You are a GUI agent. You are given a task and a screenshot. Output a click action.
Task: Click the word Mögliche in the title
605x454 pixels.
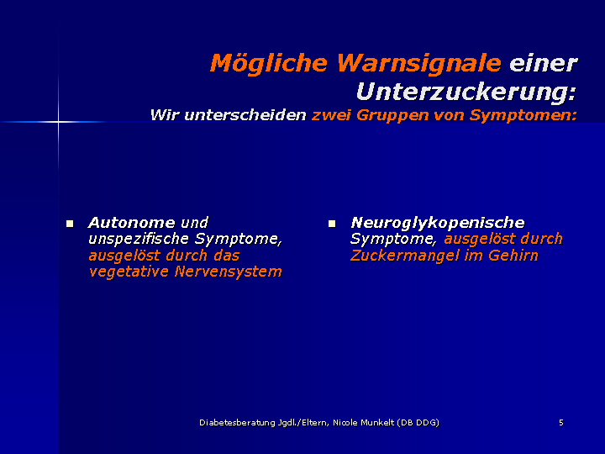tap(269, 64)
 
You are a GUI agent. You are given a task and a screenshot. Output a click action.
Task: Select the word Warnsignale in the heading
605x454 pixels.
tap(419, 64)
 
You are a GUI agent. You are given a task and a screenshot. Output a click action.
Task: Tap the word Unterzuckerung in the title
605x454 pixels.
tap(466, 92)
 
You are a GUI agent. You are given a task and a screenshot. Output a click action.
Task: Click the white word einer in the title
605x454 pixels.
tap(544, 64)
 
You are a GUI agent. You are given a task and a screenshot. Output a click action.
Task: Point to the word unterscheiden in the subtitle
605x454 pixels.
tap(245, 115)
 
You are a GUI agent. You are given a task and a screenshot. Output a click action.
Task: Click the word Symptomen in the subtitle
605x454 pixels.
tap(523, 116)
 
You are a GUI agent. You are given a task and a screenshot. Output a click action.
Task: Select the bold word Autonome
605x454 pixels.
tap(132, 223)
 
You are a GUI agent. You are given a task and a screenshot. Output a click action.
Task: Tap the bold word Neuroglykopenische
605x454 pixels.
tap(438, 224)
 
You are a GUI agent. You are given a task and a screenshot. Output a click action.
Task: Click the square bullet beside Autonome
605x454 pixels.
tap(70, 224)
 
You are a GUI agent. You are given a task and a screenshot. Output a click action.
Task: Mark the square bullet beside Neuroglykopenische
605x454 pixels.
tap(332, 224)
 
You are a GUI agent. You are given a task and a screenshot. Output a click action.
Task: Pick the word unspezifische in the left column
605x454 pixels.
tap(139, 240)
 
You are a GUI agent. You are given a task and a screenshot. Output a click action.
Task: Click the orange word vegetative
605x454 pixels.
tap(129, 272)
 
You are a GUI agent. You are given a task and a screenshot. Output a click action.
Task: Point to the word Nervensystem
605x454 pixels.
tap(228, 272)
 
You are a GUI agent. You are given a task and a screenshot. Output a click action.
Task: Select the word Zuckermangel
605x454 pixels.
tap(405, 256)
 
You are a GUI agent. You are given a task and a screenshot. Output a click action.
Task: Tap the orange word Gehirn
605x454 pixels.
tap(513, 256)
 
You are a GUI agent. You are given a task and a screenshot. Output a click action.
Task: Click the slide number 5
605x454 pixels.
tap(561, 423)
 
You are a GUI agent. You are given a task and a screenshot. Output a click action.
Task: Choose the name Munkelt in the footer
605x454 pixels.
tap(377, 423)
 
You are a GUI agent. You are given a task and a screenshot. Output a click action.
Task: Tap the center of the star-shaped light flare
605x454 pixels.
tap(58, 122)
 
